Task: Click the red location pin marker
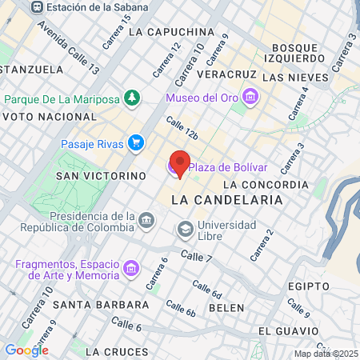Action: [x=181, y=162]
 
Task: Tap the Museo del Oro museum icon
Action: [x=251, y=98]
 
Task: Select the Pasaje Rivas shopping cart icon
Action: [x=137, y=144]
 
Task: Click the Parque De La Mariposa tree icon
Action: [x=130, y=99]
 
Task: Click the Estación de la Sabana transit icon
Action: [x=37, y=6]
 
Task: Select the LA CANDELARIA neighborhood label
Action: [x=227, y=198]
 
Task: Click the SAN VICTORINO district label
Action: [x=100, y=174]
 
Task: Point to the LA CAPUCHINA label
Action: [x=170, y=32]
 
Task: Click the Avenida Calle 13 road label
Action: [x=68, y=54]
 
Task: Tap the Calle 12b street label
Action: [x=182, y=129]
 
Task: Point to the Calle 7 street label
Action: [x=196, y=257]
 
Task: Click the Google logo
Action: [x=26, y=350]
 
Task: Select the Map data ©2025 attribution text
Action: [x=325, y=354]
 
